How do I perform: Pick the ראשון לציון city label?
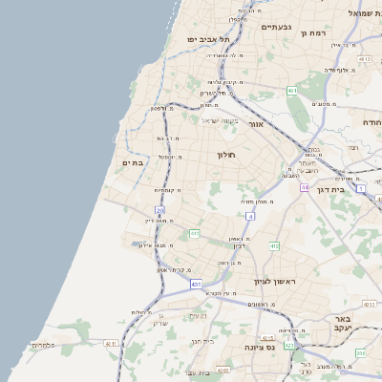click(x=277, y=282)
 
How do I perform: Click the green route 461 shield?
click(x=291, y=91)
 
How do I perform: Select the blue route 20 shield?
click(x=160, y=209)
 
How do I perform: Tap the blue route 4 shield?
click(x=249, y=217)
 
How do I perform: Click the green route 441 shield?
click(x=195, y=233)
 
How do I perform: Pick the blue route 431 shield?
click(x=196, y=285)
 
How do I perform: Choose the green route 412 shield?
click(x=274, y=246)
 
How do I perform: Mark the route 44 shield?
click(x=304, y=187)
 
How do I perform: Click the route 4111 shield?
click(x=111, y=343)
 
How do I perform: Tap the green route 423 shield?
click(x=289, y=346)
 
